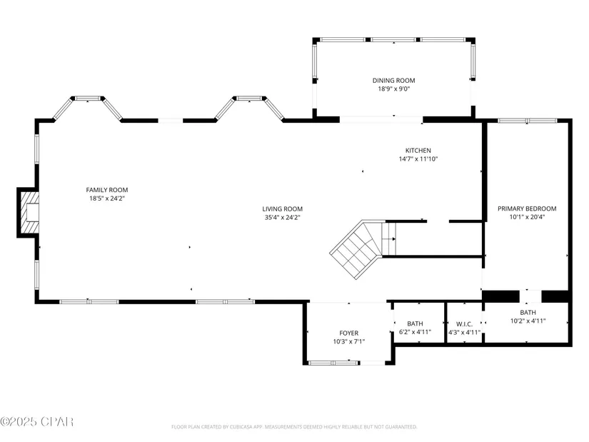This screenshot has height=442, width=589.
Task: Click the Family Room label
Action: (107, 190)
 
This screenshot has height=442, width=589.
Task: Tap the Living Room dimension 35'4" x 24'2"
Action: (283, 217)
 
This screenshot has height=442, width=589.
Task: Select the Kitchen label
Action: (418, 151)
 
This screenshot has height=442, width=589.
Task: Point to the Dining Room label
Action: (393, 81)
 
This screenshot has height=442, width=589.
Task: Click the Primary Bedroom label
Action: (527, 209)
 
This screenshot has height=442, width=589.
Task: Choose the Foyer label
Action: (349, 333)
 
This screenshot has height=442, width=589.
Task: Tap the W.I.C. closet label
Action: (464, 324)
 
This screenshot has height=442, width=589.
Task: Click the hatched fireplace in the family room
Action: (29, 212)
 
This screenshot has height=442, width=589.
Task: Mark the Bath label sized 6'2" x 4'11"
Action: (415, 323)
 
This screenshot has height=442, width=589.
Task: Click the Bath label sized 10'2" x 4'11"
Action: (528, 312)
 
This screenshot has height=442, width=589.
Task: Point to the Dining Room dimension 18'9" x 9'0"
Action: (393, 89)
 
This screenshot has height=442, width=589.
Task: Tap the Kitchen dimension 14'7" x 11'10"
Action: (418, 159)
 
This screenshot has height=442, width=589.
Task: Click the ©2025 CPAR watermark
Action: (37, 422)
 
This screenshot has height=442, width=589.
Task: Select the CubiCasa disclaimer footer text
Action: (294, 427)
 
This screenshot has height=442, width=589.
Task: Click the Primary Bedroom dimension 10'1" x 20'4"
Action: (527, 217)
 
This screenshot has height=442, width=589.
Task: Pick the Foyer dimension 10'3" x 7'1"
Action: (349, 341)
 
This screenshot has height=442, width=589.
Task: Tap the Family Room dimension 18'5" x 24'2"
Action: (107, 199)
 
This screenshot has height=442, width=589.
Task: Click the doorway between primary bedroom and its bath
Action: (530, 296)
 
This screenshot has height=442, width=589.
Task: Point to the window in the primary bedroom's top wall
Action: (528, 121)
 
